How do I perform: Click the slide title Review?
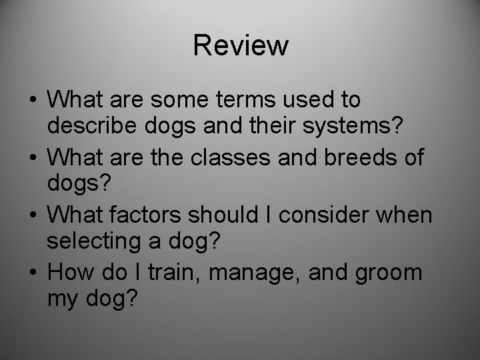pyautogui.click(x=241, y=45)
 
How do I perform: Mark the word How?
pyautogui.click(x=71, y=273)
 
